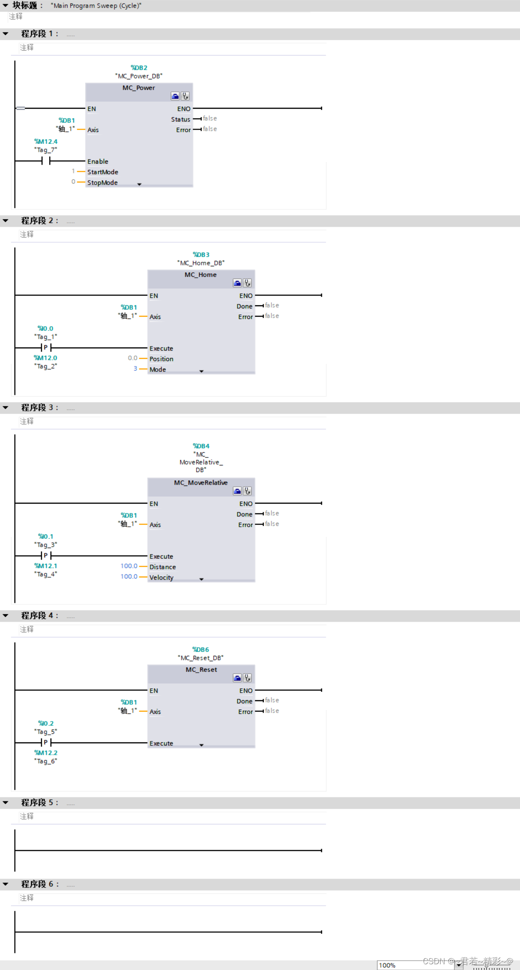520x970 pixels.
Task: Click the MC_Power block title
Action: pos(138,88)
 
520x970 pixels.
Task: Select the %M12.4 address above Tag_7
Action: pos(46,142)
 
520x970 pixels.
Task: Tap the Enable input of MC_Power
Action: pos(98,162)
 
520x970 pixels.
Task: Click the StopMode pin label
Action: pos(102,182)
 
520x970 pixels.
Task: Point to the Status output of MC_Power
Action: pos(181,119)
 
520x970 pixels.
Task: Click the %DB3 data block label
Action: pos(201,255)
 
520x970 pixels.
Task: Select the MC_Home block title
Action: pos(201,275)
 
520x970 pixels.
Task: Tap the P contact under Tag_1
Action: pos(46,347)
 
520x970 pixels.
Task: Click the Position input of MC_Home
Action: pos(162,359)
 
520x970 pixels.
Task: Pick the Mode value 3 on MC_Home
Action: pos(135,369)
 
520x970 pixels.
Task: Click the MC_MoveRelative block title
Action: pos(201,483)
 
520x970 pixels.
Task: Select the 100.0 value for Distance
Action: pos(129,566)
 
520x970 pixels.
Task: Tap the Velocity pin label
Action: pos(162,577)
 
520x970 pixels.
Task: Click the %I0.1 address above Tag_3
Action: pos(46,536)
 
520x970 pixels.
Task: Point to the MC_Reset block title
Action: pos(201,670)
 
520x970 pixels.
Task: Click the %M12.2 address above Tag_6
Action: pos(46,753)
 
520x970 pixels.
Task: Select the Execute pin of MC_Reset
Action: pos(161,743)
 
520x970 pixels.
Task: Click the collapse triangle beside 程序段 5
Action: pos(5,802)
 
